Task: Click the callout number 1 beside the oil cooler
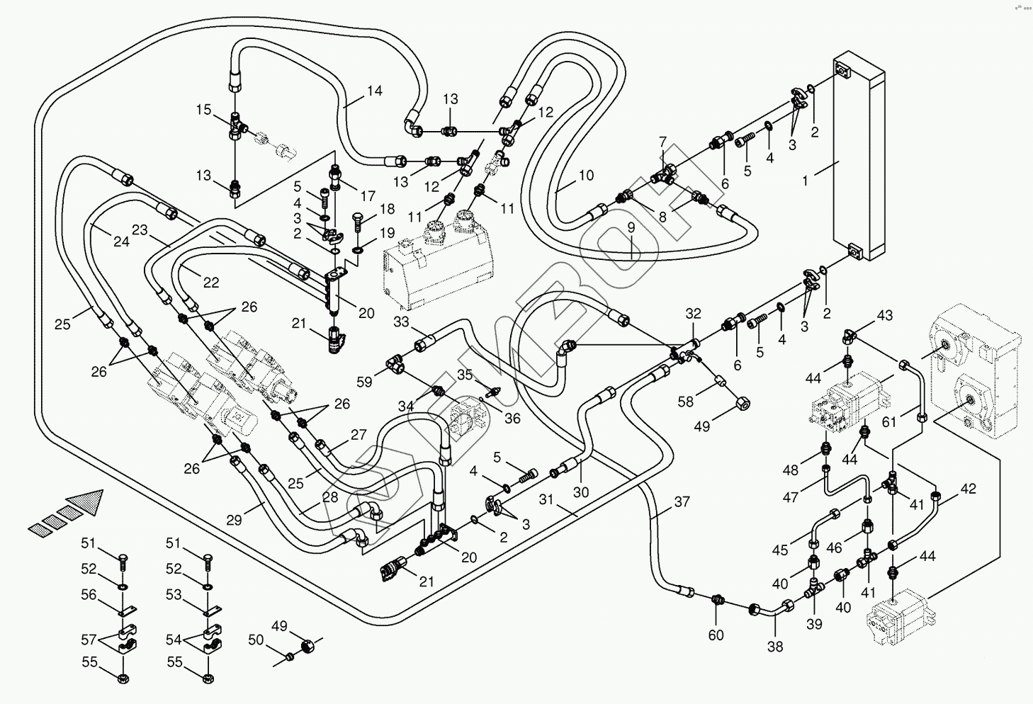pos(804,181)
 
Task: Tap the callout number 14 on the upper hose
pos(374,91)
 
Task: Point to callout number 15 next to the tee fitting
pos(204,110)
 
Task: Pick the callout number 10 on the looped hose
pos(586,175)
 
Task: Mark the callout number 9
pos(631,229)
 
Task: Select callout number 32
pos(693,314)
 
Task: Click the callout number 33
pos(402,322)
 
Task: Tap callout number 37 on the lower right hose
pos(681,502)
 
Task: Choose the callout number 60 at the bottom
pos(716,635)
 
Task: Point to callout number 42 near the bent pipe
pos(968,489)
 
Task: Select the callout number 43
pos(885,315)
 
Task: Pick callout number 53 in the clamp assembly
pos(174,595)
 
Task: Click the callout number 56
pos(89,595)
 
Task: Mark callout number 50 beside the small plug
pos(256,640)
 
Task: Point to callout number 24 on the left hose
pos(121,242)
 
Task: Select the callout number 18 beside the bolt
pos(386,209)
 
